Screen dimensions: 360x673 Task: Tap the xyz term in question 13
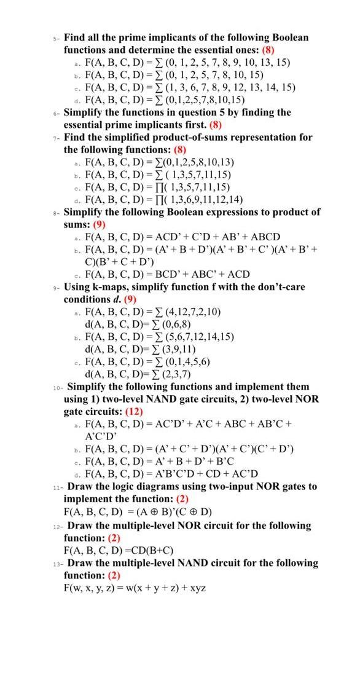(197, 588)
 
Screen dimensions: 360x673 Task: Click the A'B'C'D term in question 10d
(166, 473)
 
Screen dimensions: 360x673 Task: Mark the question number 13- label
(57, 563)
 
